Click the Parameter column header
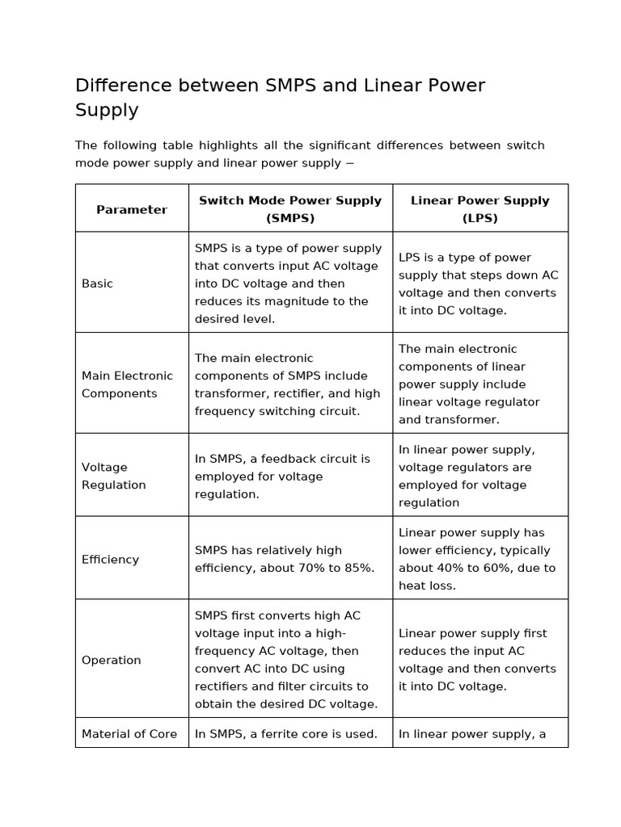click(x=132, y=209)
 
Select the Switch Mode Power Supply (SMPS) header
click(x=290, y=209)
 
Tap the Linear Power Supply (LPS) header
click(x=479, y=209)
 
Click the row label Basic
click(x=98, y=283)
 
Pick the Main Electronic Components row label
click(x=127, y=384)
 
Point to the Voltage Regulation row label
click(x=114, y=476)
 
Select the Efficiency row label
click(x=110, y=559)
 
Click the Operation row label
click(x=112, y=660)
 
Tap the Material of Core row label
click(x=129, y=734)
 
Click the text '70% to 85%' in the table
click(x=336, y=568)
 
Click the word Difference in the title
click(x=125, y=86)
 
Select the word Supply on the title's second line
click(x=107, y=110)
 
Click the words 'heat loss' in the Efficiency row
click(x=428, y=586)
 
